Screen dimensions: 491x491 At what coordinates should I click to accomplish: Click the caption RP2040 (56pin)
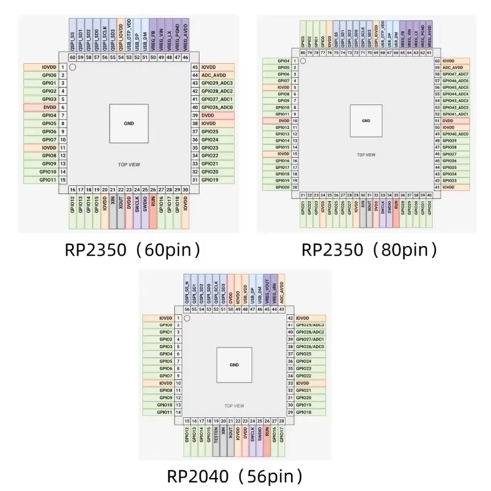236,476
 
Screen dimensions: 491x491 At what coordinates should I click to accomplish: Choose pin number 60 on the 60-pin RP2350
72,57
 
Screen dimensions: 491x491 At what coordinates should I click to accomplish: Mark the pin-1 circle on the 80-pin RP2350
303,61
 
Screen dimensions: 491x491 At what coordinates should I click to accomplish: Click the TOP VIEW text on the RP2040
234,406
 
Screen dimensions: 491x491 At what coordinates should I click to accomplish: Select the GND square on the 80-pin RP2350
366,120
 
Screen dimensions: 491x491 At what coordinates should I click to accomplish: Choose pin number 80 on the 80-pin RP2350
303,53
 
